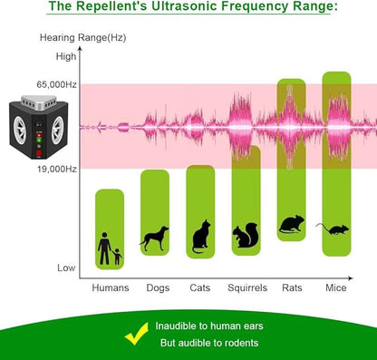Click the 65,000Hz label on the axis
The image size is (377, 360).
(x=57, y=84)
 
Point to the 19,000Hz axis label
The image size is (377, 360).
(x=57, y=169)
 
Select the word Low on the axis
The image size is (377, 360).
(x=66, y=268)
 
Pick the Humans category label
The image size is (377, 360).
(x=110, y=287)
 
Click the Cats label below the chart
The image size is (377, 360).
(x=200, y=287)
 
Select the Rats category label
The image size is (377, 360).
(x=291, y=287)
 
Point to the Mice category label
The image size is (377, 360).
(x=336, y=287)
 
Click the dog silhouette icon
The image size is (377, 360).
(x=154, y=238)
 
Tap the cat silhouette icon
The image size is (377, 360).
(x=200, y=238)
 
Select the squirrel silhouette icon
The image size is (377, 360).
(x=246, y=238)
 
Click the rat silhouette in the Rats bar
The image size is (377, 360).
(x=291, y=225)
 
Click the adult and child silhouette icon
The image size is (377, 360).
(x=110, y=248)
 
